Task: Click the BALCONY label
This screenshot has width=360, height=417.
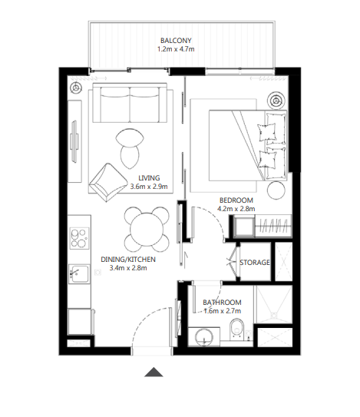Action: [176, 41]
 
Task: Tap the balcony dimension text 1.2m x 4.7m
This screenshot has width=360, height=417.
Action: [176, 51]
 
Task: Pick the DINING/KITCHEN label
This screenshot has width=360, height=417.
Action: [128, 260]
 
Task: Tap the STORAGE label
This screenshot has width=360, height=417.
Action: [254, 263]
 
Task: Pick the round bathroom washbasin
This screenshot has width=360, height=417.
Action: [203, 335]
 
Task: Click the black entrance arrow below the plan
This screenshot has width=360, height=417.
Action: [154, 372]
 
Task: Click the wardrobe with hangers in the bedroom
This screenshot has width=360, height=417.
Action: [271, 227]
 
